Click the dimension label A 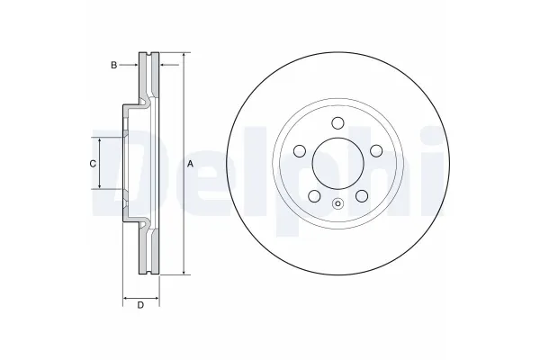click(x=191, y=164)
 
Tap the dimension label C click(x=92, y=163)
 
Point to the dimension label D click(x=140, y=305)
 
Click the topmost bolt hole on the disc click(x=337, y=123)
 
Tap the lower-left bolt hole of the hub click(x=314, y=195)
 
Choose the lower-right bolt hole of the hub click(x=362, y=195)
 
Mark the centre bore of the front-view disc click(x=337, y=164)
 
